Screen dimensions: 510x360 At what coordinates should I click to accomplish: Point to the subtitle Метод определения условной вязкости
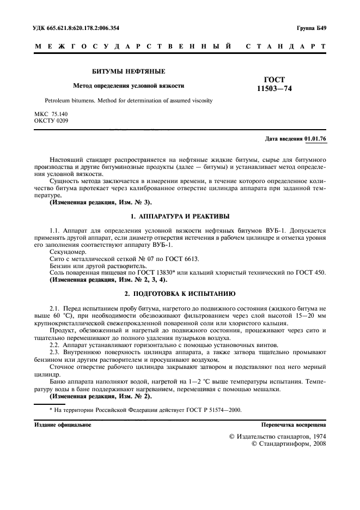click(x=129, y=86)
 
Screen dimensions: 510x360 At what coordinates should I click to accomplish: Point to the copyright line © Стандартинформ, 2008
click(x=289, y=445)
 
